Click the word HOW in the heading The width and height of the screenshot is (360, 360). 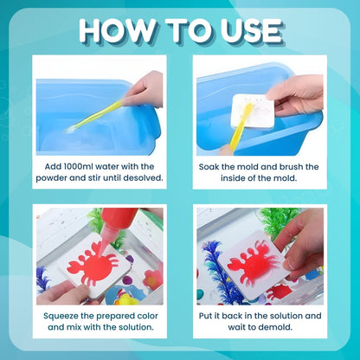(x=119, y=29)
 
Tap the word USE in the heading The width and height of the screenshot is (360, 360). (x=241, y=29)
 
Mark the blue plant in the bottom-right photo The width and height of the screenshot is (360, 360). (x=211, y=268)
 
